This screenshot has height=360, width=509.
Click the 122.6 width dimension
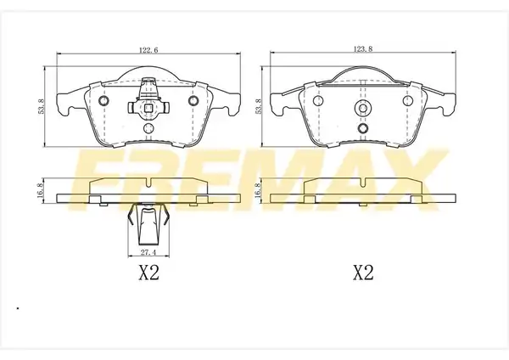(148, 50)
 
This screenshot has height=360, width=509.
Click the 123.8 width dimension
(362, 49)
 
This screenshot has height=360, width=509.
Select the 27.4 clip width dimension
(148, 252)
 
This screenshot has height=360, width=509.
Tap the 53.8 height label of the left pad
(41, 106)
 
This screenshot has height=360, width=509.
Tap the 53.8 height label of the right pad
(259, 106)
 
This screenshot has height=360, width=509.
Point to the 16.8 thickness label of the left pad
(40, 190)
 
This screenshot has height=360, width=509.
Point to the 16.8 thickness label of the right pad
(259, 190)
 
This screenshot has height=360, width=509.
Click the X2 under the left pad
(149, 273)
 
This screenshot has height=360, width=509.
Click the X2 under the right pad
(363, 273)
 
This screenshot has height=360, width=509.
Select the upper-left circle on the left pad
(103, 101)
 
